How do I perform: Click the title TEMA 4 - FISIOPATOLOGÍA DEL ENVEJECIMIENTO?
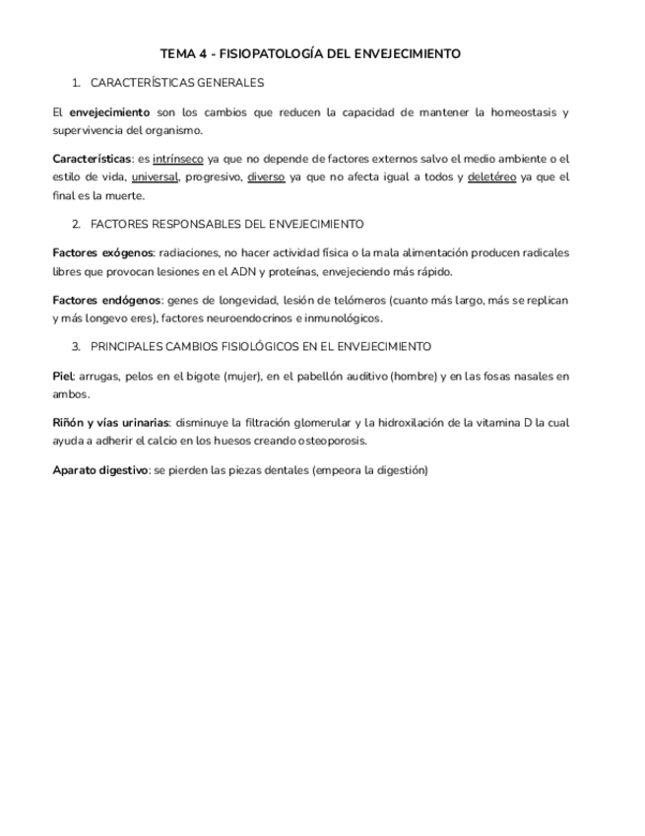[310, 54]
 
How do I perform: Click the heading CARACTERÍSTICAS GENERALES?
[176, 83]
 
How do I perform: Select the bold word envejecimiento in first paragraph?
[109, 112]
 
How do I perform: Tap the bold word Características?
[92, 159]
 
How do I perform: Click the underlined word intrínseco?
[178, 159]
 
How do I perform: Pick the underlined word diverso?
[266, 177]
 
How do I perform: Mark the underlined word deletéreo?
[491, 177]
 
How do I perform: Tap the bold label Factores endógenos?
[106, 300]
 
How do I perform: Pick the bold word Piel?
[61, 376]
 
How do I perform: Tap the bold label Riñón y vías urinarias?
[110, 422]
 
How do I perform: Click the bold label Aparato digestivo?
[99, 470]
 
